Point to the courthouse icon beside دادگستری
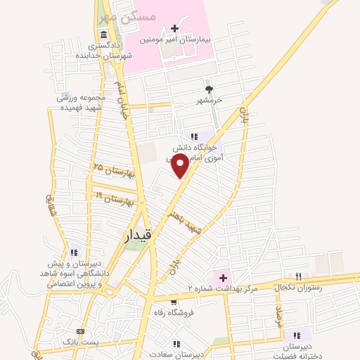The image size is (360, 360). click(x=104, y=35)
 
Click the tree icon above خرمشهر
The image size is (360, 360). click(x=208, y=89)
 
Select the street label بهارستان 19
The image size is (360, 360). click(x=109, y=198)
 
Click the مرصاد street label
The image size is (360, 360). click(x=278, y=319)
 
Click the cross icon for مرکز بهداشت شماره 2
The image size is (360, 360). click(x=224, y=276)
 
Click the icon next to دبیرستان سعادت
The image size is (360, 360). click(x=176, y=344)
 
